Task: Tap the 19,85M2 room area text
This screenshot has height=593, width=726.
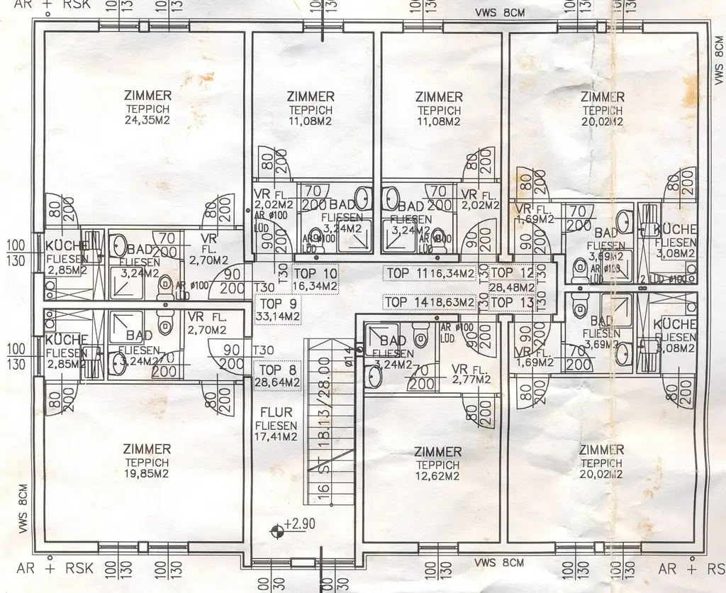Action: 147,475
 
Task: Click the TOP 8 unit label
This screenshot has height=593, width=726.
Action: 277,370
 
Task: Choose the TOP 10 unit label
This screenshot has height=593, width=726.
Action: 315,272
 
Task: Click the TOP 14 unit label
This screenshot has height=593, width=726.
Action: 406,302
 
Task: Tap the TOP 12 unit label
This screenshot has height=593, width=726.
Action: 511,273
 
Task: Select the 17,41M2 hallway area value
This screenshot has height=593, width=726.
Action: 277,437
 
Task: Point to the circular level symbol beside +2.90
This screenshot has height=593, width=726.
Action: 277,529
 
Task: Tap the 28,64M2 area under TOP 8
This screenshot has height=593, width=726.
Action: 277,382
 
